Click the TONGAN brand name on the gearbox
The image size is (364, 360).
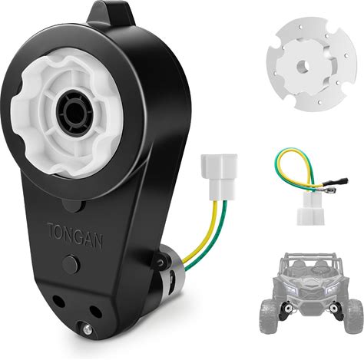point(74,236)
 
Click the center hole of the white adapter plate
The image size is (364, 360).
point(303,67)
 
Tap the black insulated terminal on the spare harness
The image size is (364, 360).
point(335,182)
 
